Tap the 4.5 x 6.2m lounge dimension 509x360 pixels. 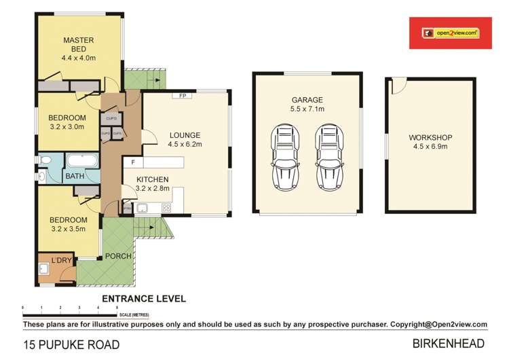point(186,144)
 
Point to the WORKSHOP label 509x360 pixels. point(430,138)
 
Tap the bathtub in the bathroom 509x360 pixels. point(82,162)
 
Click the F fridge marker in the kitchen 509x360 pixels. point(134,163)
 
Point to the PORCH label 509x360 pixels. point(117,256)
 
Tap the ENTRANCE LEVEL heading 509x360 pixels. point(143,298)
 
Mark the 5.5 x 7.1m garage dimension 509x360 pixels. point(307,109)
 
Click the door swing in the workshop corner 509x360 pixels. point(398,86)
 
